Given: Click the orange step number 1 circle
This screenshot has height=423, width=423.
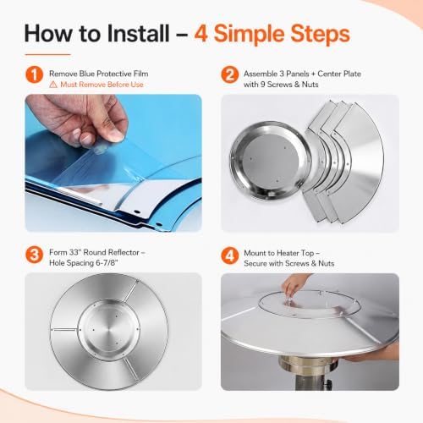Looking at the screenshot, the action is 34,74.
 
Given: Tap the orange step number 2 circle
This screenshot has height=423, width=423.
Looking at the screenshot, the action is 230,74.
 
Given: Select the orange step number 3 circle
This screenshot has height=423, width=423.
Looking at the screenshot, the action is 34,255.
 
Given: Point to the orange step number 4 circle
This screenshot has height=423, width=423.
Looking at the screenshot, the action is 230,255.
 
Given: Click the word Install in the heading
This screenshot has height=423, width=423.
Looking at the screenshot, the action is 138,34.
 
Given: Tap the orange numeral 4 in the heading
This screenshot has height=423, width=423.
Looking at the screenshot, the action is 201,34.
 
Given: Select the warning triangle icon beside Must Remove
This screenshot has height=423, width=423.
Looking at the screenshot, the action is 53,85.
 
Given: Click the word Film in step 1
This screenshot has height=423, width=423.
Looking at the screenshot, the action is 140,74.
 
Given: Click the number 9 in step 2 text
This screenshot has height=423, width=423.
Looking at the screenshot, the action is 262,85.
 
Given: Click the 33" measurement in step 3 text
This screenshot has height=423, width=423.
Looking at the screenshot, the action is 75,252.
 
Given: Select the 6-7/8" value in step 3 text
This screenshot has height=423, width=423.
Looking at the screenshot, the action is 107,263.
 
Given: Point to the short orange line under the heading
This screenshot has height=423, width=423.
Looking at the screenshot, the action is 47,54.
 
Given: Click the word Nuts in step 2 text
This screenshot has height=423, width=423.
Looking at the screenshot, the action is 310,85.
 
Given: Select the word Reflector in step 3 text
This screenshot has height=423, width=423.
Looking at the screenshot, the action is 124,252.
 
